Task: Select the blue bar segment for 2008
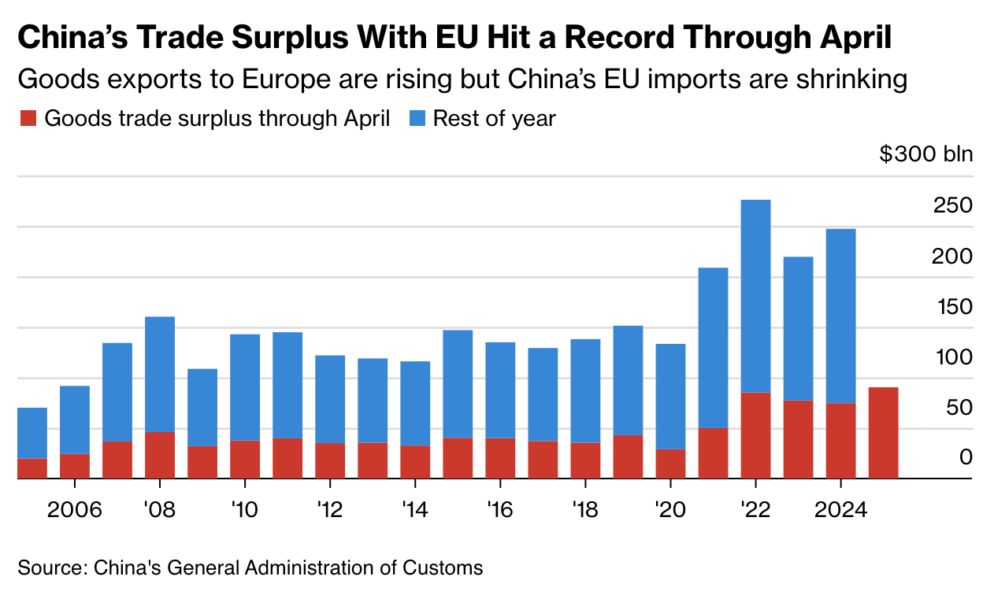pos(160,374)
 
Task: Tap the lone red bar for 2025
pos(883,432)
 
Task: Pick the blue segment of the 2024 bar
pos(840,316)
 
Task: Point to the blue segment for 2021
pos(713,347)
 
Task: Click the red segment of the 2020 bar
pos(670,464)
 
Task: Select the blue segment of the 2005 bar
pos(32,433)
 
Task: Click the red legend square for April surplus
pos(28,119)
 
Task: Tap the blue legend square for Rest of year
pos(417,119)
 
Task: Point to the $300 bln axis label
pos(925,153)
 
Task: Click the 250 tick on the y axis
pos(952,205)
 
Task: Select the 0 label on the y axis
pos(966,457)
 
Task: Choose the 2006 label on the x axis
pos(75,509)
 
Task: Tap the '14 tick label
pos(414,509)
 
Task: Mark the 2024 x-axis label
pos(840,509)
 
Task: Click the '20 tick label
pos(669,509)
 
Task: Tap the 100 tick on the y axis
pos(952,357)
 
